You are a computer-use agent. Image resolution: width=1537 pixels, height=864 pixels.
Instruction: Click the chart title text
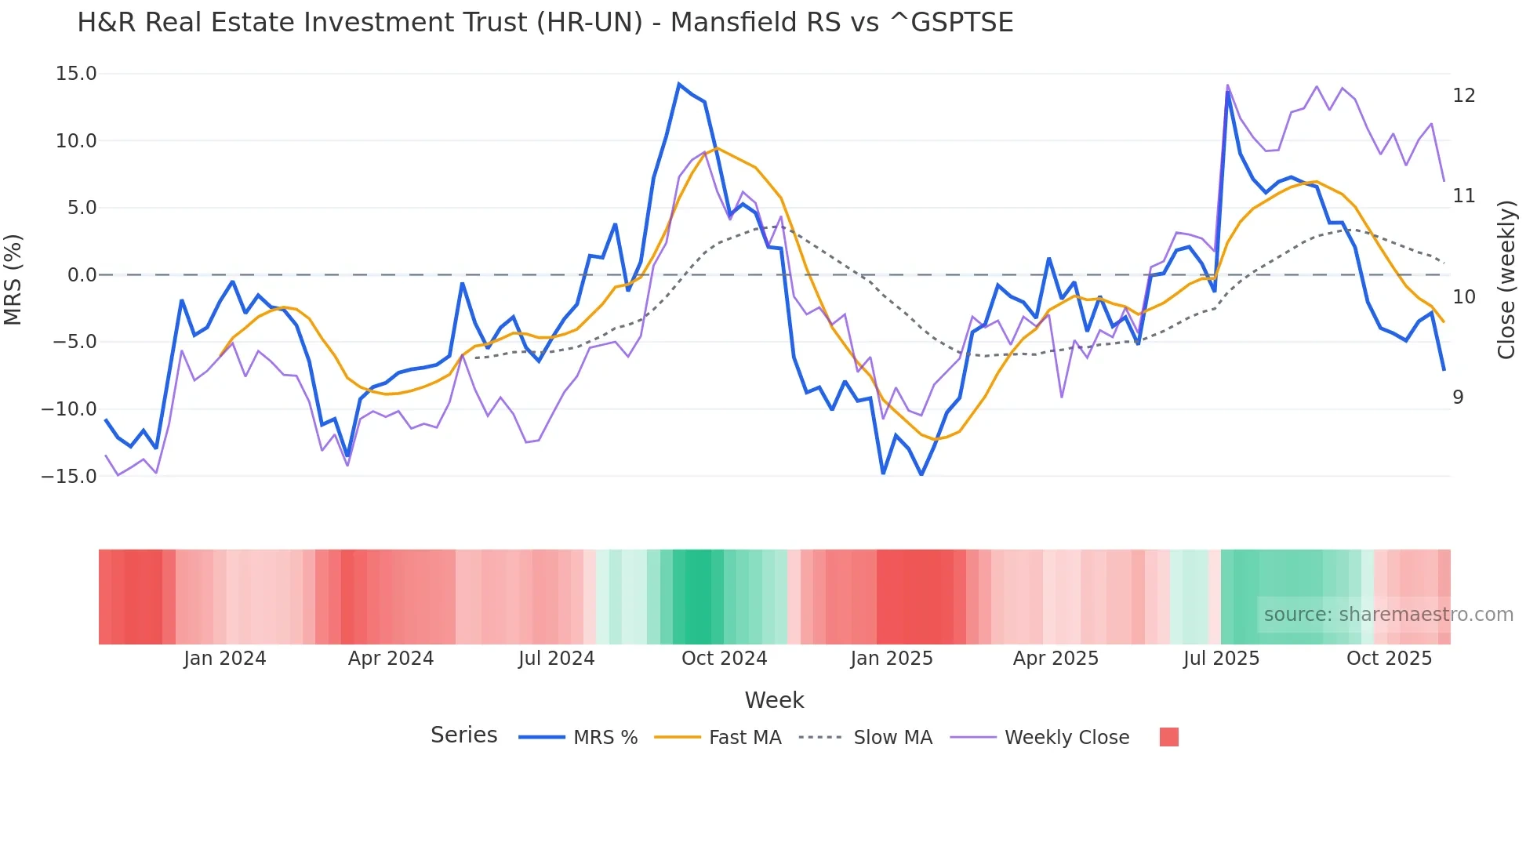click(545, 23)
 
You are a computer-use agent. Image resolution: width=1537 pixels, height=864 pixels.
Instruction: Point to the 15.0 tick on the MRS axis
click(76, 74)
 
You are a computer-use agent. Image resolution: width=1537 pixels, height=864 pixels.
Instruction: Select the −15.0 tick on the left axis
click(70, 476)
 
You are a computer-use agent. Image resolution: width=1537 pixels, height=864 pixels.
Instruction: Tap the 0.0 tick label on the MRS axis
click(82, 275)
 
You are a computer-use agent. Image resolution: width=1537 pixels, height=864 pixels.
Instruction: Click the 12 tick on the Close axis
click(1463, 96)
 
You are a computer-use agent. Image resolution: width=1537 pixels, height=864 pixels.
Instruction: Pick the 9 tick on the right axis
click(1458, 398)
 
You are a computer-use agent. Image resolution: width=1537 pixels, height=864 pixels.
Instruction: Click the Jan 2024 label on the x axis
click(225, 659)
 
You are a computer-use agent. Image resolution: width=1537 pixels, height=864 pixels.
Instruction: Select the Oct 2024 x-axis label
click(724, 659)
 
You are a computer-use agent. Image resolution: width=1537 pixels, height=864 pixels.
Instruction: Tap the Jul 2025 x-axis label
click(1221, 659)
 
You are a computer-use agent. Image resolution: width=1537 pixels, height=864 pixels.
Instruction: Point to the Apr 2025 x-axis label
click(1056, 659)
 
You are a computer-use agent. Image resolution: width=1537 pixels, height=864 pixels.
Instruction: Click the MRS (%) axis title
click(13, 279)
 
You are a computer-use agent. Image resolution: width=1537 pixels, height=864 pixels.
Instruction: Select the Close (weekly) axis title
click(1506, 280)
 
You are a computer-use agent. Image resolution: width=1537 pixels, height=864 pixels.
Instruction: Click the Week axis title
click(774, 700)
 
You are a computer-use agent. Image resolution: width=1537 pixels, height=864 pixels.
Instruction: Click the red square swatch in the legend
click(1168, 737)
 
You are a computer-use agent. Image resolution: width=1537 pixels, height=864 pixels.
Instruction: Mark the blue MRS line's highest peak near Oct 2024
click(679, 84)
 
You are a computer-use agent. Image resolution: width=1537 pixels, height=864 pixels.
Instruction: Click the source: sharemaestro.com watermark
click(1388, 615)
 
